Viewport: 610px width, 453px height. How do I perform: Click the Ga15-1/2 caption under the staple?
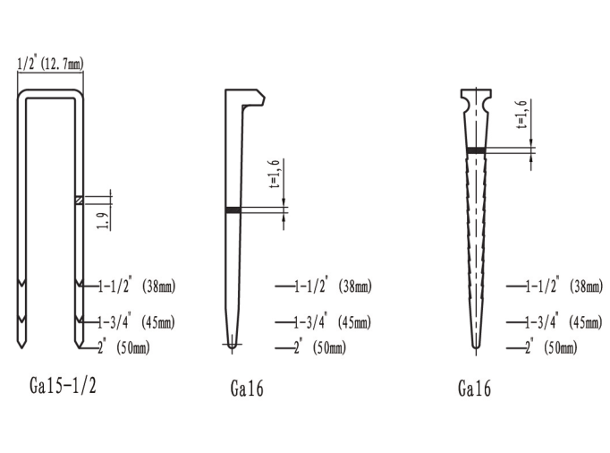pos(63,386)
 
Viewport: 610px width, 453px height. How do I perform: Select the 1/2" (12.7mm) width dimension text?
pos(51,63)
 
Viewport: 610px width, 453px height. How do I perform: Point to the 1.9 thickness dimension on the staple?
pos(102,221)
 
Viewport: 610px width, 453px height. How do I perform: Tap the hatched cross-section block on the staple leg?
pos(79,201)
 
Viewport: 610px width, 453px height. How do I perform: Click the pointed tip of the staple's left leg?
pos(21,347)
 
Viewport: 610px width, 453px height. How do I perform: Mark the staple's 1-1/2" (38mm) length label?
pos(137,286)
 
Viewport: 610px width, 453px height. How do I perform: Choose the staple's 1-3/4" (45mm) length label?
pos(136,322)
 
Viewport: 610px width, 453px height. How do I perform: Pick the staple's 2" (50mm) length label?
pos(123,347)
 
